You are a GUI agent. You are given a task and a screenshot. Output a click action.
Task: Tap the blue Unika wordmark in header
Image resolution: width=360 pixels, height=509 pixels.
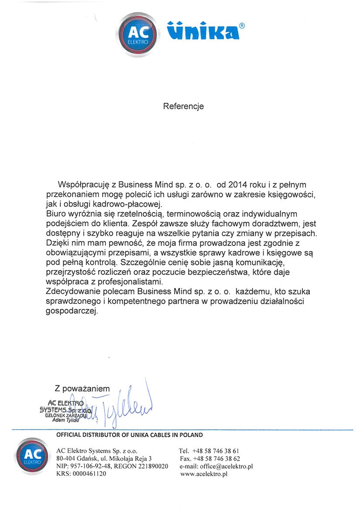click(203, 31)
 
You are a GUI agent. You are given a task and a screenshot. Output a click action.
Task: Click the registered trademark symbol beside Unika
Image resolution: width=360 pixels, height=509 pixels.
click(242, 26)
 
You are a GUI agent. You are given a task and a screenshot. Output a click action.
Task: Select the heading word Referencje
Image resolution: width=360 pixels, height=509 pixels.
click(183, 106)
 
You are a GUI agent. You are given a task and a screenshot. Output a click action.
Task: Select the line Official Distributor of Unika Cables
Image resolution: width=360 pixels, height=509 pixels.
click(129, 435)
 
